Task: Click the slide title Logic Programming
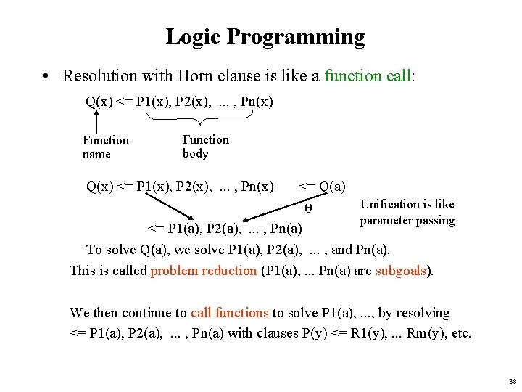click(x=265, y=36)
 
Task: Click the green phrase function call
click(x=368, y=75)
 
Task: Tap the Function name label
click(x=105, y=147)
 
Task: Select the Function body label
click(x=205, y=147)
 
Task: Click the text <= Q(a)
click(x=321, y=187)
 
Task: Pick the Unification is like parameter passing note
click(x=407, y=212)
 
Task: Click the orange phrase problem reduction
click(x=203, y=271)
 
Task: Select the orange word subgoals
click(x=403, y=271)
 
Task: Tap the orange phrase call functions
click(x=229, y=313)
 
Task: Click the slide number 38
click(x=512, y=381)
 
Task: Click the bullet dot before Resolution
click(x=46, y=76)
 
